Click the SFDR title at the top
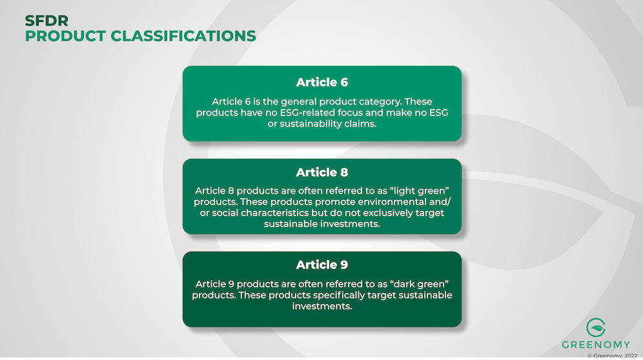pyautogui.click(x=46, y=20)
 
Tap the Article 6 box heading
pyautogui.click(x=322, y=83)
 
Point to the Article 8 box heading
pyautogui.click(x=322, y=172)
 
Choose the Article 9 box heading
pyautogui.click(x=322, y=265)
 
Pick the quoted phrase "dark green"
pyautogui.click(x=420, y=284)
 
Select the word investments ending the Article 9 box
pyautogui.click(x=321, y=306)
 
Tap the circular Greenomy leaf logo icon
pyautogui.click(x=596, y=328)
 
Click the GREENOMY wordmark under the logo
pyautogui.click(x=596, y=345)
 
